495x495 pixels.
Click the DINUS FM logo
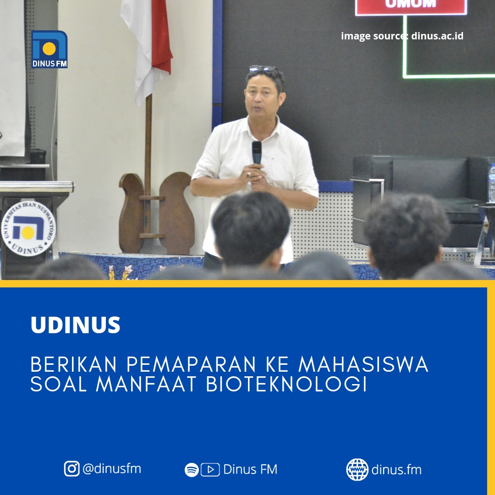[x=49, y=49]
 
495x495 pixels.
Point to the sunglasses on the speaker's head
[x=263, y=68]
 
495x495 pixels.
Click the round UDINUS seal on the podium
[x=28, y=228]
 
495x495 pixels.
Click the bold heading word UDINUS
[x=76, y=325]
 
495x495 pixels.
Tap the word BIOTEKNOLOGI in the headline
[x=286, y=384]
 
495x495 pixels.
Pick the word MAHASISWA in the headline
[x=363, y=364]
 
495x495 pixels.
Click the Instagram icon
[x=71, y=468]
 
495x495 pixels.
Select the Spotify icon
[x=192, y=470]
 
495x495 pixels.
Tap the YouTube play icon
[x=210, y=470]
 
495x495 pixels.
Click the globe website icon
[x=357, y=470]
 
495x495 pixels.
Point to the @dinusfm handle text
[x=112, y=469]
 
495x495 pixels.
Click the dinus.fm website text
[x=396, y=470]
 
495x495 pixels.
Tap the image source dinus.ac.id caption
[x=402, y=36]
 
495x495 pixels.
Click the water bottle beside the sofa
[x=492, y=183]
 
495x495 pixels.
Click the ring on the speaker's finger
[x=249, y=174]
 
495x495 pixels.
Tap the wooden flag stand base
[x=157, y=213]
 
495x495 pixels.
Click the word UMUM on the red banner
[x=411, y=4]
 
